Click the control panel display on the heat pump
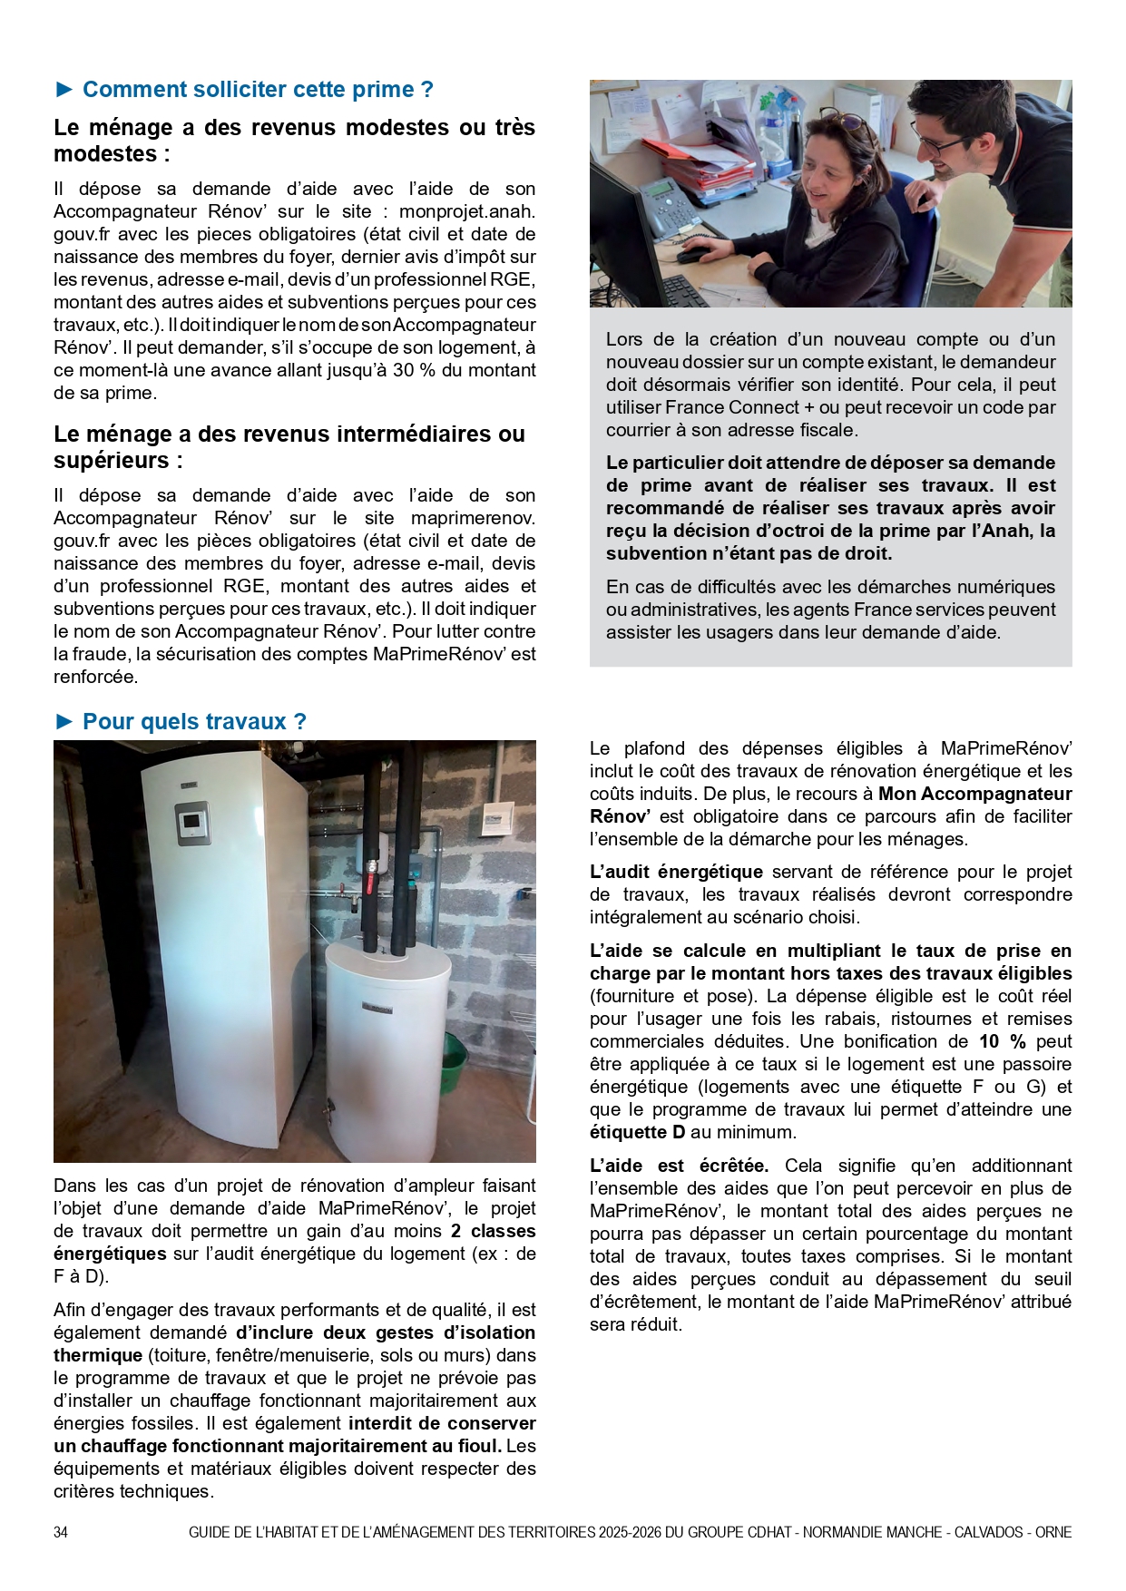pos(191,822)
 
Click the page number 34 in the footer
pos(61,1532)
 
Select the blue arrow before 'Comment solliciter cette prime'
pos(64,89)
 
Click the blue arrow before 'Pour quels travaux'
pos(64,721)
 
